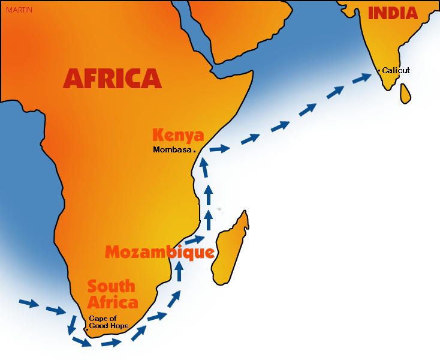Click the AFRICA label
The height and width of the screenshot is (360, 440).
point(112,79)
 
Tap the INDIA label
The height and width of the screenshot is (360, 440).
point(393,13)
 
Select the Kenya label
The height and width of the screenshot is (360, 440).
point(178,135)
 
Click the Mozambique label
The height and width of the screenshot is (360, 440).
point(159,252)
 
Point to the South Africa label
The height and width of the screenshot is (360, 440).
point(112,294)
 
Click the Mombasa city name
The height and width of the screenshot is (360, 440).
point(172,149)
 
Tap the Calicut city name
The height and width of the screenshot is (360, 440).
point(396,70)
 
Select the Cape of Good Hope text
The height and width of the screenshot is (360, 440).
point(109,322)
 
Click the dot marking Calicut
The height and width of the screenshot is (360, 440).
point(378,71)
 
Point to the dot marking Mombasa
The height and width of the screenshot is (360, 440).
point(194,151)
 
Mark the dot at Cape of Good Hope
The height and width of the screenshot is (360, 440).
point(87,329)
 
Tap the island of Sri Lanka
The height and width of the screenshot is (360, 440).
point(406,93)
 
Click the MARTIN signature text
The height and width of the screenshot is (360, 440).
point(19,10)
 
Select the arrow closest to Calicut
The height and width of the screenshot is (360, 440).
point(361,78)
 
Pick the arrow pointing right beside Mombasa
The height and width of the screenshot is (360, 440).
point(220,148)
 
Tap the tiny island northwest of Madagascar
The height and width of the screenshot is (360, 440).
point(219,209)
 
